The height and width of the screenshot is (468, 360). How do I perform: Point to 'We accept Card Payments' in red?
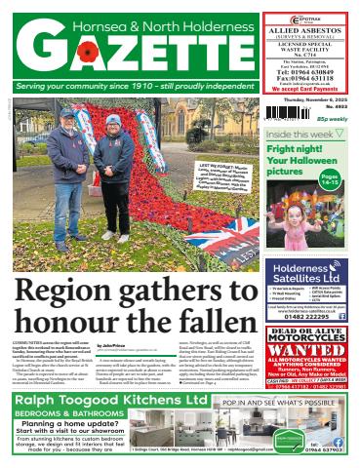click(x=305, y=89)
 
